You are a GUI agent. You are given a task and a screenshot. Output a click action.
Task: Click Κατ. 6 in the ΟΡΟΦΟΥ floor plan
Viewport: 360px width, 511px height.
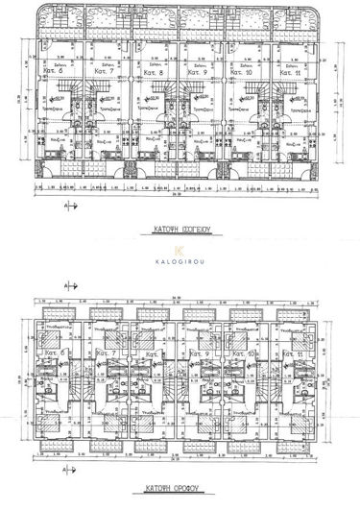[x=55, y=355]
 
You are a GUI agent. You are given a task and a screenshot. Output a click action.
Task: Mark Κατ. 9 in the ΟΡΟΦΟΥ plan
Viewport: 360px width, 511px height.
[x=203, y=355]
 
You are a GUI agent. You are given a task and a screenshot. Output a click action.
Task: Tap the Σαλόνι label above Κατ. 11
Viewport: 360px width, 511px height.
[x=285, y=65]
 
